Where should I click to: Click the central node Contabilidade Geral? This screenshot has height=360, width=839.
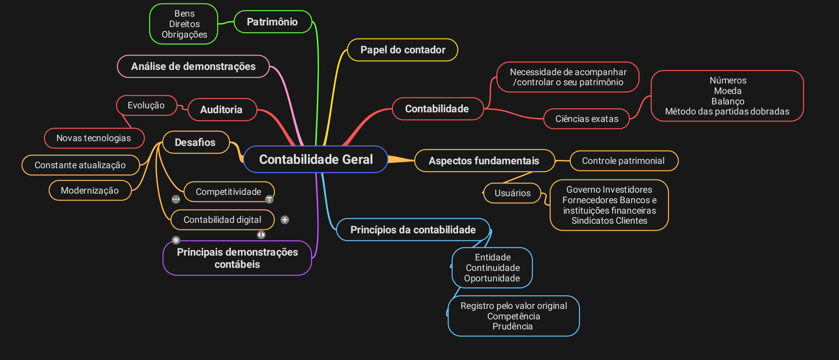[x=315, y=159]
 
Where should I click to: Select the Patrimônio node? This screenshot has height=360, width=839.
[x=272, y=22]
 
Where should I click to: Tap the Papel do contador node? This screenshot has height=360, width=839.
[x=402, y=50]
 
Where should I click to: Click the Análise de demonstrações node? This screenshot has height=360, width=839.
[x=193, y=66]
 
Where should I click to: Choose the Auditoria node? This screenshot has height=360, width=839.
[x=221, y=110]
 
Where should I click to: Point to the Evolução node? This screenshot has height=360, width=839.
[x=146, y=105]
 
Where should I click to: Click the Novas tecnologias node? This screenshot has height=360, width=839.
[x=94, y=138]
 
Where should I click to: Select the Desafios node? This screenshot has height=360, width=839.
[x=195, y=142]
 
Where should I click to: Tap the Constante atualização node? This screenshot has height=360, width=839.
[x=80, y=165]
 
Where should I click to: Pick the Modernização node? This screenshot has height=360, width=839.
[x=90, y=190]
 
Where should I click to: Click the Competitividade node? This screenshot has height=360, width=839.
[x=228, y=192]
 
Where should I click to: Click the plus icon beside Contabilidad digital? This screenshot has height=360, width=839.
[x=285, y=220]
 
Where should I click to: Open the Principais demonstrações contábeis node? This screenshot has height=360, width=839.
[x=237, y=258]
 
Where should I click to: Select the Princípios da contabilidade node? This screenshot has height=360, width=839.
[x=413, y=230]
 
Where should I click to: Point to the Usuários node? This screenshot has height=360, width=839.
[x=512, y=193]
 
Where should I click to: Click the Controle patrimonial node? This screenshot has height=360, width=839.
[x=623, y=161]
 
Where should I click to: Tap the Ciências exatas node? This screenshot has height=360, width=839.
[x=586, y=119]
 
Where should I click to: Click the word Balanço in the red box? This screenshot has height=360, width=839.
[x=728, y=101]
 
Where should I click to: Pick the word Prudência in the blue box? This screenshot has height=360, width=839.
[x=513, y=326]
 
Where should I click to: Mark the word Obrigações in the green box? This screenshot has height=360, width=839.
[x=184, y=35]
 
